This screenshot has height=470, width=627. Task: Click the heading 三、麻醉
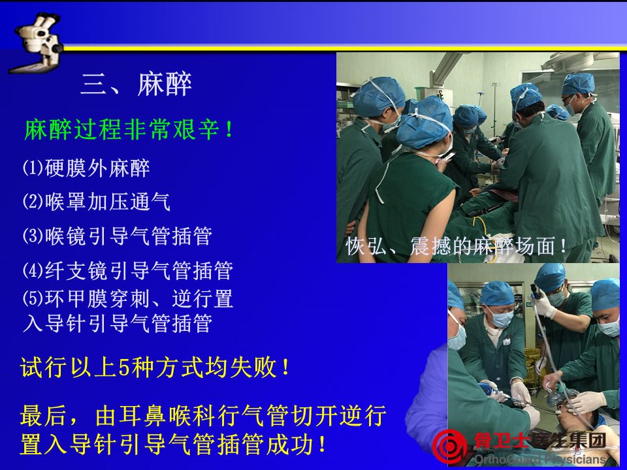point(136,84)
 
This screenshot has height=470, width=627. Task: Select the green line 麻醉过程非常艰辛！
point(129,129)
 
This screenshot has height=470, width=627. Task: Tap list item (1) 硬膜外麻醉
point(86,168)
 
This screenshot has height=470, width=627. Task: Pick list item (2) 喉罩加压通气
point(97,202)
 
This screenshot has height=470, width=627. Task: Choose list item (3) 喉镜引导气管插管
point(117,236)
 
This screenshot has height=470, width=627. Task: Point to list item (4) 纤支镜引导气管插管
point(127,270)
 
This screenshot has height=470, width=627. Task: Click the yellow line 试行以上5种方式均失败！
point(155,367)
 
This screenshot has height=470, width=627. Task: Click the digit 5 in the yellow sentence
point(124,368)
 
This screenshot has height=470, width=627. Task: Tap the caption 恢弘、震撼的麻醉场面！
point(456,246)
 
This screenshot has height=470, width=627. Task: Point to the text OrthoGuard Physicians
point(540,460)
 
